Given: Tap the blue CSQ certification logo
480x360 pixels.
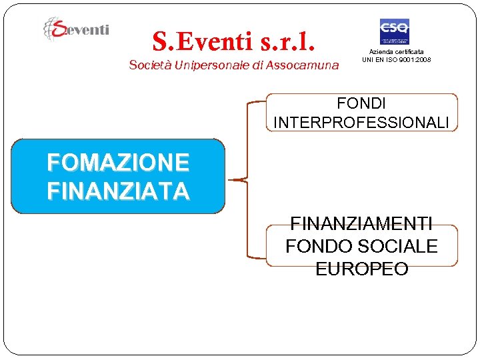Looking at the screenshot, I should [394, 31].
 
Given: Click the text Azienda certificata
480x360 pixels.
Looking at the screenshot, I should [397, 51].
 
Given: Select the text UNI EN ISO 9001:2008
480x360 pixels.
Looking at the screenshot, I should [397, 59].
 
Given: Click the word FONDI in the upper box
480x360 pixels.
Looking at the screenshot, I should [361, 103].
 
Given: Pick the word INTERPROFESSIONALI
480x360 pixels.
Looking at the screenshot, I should [361, 123].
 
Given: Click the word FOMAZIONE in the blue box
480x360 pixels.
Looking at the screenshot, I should [118, 162].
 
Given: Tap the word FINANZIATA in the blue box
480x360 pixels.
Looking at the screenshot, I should [118, 191].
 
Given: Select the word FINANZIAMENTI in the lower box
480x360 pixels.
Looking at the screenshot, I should [361, 223].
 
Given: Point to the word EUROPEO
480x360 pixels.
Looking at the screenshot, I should [361, 269].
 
